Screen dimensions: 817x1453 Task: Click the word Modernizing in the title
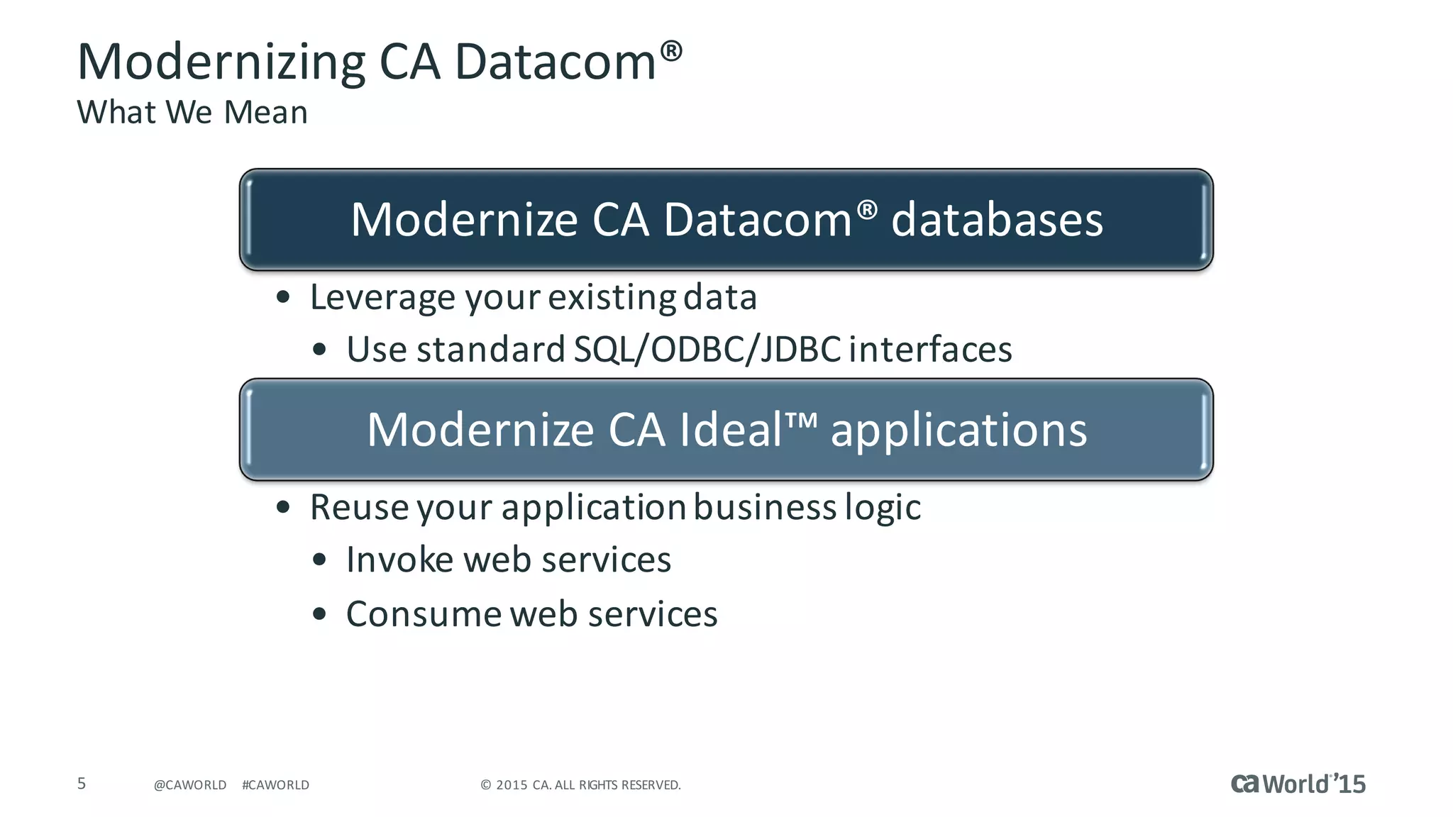point(221,63)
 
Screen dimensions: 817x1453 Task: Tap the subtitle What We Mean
point(192,112)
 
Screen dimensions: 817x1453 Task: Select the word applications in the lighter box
point(958,430)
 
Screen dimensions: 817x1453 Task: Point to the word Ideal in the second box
point(731,430)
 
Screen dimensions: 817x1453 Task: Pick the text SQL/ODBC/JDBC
point(707,349)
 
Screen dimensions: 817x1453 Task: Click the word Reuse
point(359,507)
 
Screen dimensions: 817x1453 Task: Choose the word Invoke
point(399,560)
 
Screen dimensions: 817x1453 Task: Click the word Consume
point(424,613)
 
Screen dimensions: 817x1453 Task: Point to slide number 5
point(82,783)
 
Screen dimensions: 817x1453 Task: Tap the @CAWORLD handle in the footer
point(190,785)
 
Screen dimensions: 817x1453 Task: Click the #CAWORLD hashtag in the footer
point(275,785)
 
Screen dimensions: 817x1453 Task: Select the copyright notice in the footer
point(580,785)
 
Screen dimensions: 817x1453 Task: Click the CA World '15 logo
point(1298,784)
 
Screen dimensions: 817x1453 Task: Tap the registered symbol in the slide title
point(671,51)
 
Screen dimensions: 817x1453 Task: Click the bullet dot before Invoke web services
point(319,560)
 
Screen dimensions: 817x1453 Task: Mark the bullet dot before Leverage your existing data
point(283,297)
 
